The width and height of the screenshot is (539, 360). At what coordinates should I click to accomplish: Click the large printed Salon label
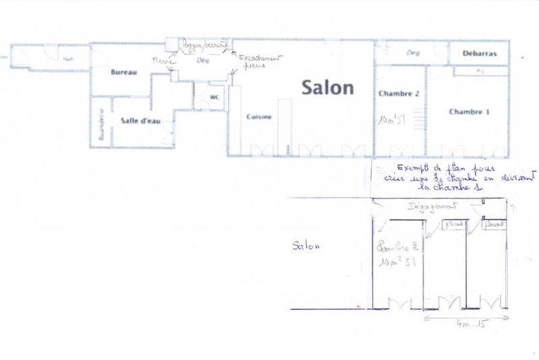click(x=327, y=87)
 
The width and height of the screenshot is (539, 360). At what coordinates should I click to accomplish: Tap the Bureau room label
click(x=124, y=71)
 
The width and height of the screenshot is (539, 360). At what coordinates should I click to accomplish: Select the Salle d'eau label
click(x=139, y=121)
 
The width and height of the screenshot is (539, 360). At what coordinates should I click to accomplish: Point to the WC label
click(x=215, y=96)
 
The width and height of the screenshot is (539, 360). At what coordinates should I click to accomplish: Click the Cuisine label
click(x=259, y=117)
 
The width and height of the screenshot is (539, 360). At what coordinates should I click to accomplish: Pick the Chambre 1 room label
click(x=469, y=112)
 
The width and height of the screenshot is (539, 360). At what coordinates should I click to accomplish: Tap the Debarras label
click(x=480, y=53)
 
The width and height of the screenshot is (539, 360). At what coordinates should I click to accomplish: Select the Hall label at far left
click(x=67, y=59)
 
